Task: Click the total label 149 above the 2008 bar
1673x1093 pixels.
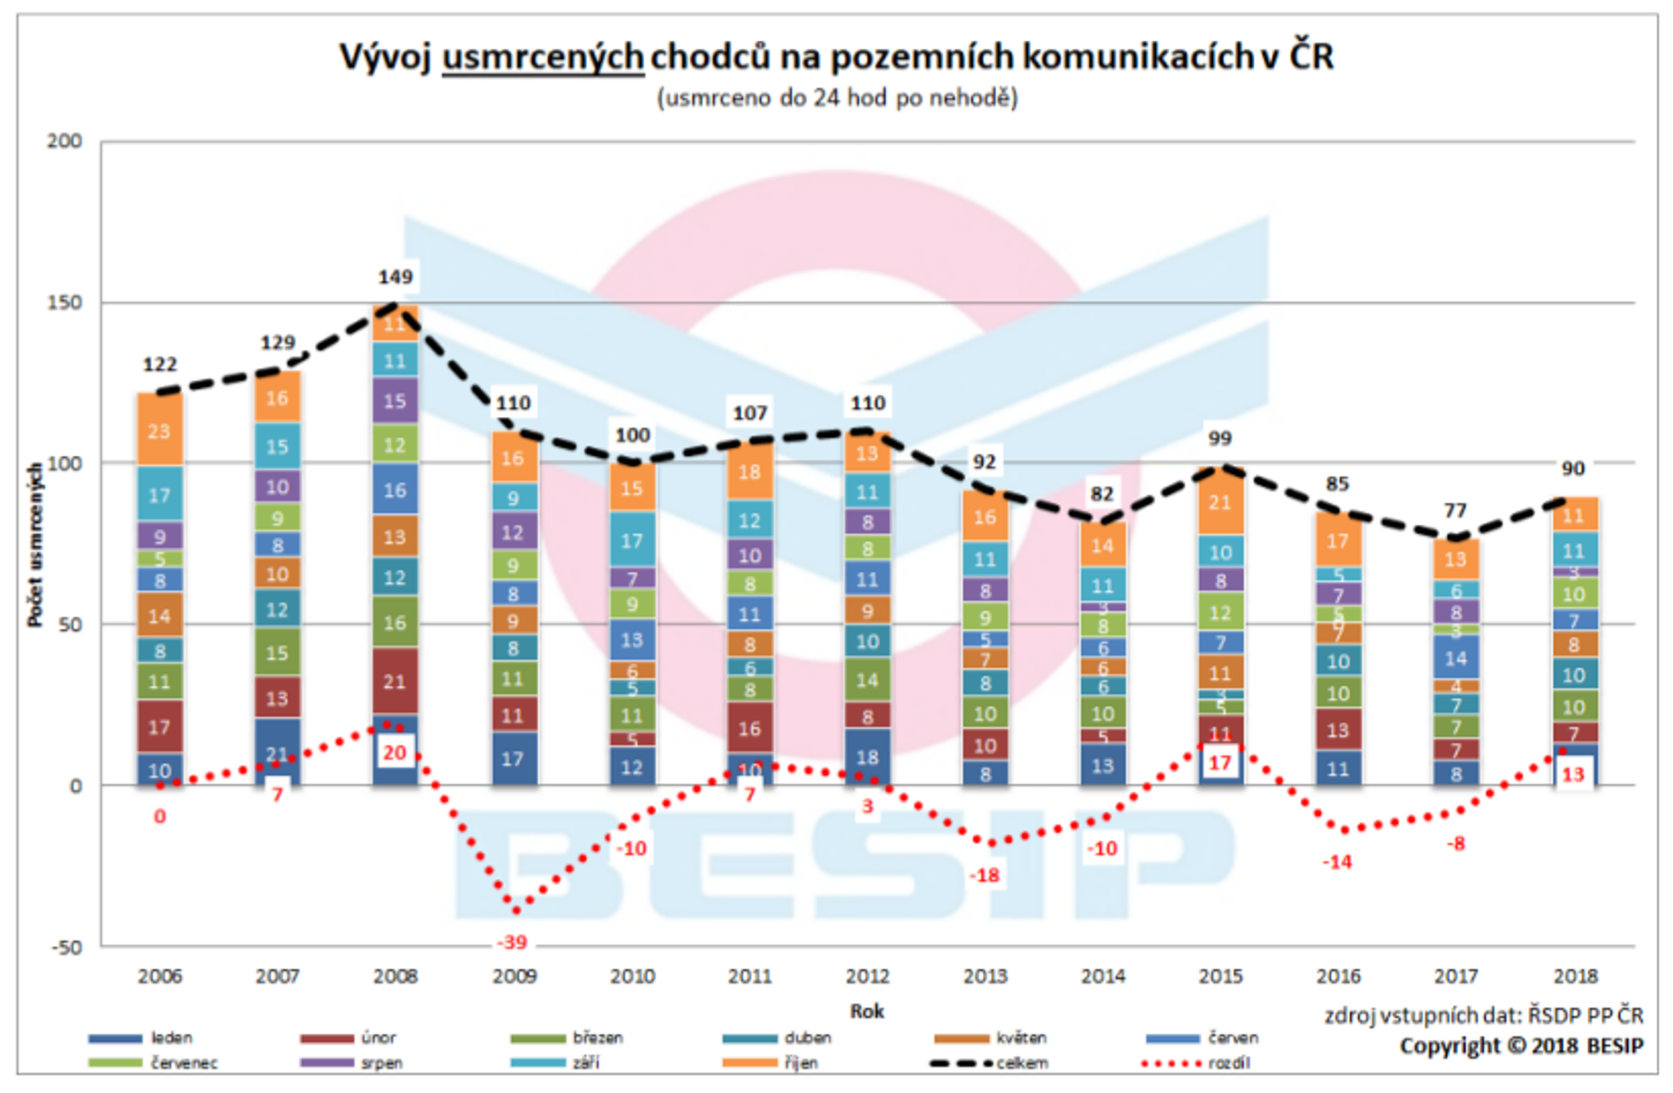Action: (395, 277)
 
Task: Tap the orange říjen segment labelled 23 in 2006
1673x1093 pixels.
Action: (160, 430)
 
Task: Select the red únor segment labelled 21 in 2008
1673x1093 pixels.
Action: (395, 681)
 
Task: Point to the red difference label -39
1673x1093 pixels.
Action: (512, 942)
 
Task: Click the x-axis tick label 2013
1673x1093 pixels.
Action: (985, 977)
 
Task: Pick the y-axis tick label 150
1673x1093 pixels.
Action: (65, 303)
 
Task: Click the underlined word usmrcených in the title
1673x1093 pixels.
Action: (542, 56)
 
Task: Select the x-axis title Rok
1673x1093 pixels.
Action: (866, 1011)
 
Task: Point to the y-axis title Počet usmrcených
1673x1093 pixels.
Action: (34, 544)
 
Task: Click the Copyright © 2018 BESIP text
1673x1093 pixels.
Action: (1521, 1046)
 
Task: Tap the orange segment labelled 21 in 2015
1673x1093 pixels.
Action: (1220, 503)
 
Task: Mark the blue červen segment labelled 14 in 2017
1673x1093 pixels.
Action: (1456, 658)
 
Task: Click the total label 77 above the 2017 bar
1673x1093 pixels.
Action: (1455, 510)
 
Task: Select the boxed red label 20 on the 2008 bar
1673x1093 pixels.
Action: (395, 752)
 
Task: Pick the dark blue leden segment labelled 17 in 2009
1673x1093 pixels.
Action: (512, 758)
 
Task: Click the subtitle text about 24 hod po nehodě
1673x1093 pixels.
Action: (837, 98)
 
